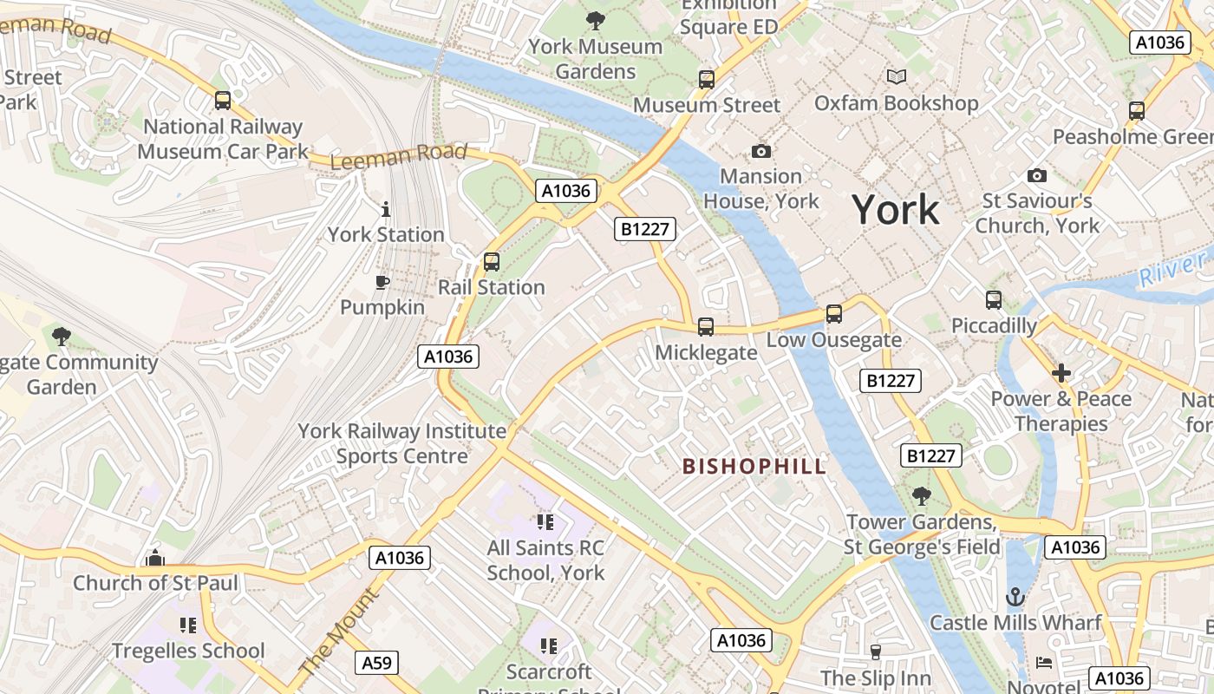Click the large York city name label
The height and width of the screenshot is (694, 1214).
(x=895, y=210)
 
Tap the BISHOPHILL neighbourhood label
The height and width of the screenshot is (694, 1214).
(x=754, y=467)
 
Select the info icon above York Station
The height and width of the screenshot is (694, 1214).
(x=386, y=209)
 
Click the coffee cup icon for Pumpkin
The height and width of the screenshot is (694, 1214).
(x=382, y=282)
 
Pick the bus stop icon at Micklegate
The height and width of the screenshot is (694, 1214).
(x=706, y=327)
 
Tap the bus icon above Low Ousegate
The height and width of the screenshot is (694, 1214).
(x=833, y=313)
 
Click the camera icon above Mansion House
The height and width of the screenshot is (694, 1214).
(x=760, y=152)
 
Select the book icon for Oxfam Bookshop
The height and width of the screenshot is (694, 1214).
(x=896, y=77)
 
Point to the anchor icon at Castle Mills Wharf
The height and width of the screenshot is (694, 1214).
(x=1015, y=597)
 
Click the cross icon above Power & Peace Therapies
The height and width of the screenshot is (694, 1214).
(x=1061, y=373)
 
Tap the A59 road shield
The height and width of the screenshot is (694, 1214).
(x=376, y=664)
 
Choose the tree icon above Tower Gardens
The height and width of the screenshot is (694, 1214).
(x=921, y=496)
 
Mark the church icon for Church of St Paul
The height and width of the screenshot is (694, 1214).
(x=155, y=557)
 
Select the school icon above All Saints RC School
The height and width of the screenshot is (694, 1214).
(x=545, y=522)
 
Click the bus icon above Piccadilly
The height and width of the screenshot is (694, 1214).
(x=993, y=300)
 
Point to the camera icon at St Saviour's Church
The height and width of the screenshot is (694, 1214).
(x=1036, y=176)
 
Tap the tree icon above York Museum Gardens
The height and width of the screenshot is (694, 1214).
(x=595, y=21)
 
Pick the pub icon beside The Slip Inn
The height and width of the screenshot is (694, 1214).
(x=875, y=652)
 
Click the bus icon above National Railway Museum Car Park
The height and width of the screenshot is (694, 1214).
(x=222, y=101)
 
